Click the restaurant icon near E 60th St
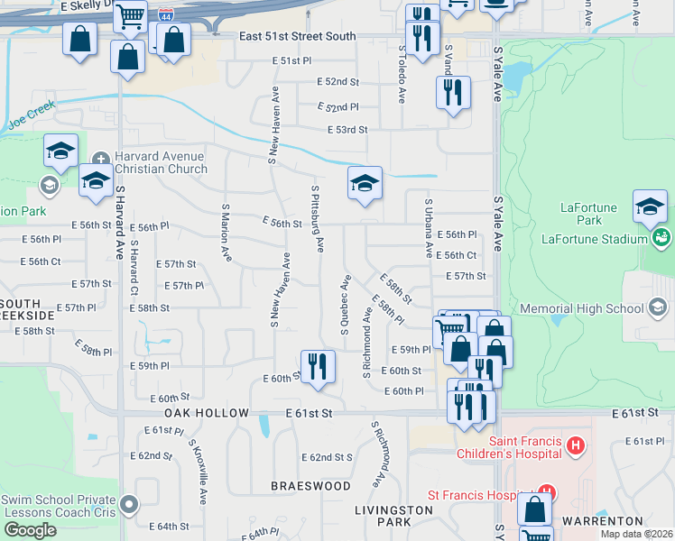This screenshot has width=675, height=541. tap(317, 366)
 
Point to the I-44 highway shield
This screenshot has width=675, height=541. tap(164, 15)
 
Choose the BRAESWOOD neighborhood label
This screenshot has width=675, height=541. tap(311, 486)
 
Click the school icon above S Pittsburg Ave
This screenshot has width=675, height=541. tap(365, 183)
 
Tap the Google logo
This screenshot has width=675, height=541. tap(30, 530)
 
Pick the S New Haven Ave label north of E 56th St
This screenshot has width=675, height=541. tap(273, 126)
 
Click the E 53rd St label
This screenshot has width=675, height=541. tap(347, 130)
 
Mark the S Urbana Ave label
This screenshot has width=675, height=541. tap(428, 228)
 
